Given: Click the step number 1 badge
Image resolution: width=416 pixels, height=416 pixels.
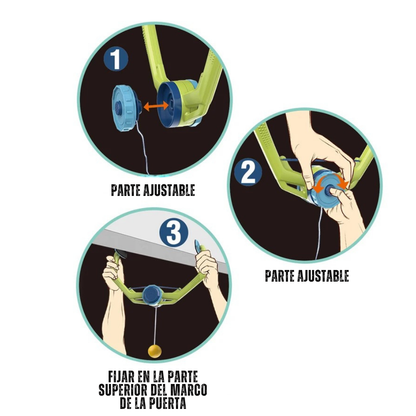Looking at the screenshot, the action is (x=115, y=59).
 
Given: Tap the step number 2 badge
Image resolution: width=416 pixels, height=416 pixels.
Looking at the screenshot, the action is (x=248, y=172).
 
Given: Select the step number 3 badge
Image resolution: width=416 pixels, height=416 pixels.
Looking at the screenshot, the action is (x=174, y=232).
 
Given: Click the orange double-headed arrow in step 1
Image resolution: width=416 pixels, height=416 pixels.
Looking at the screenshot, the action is (x=156, y=106).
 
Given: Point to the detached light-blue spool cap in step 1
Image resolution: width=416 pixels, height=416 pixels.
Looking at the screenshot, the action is (x=125, y=107).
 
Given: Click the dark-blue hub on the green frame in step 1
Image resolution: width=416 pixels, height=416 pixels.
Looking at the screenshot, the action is (x=169, y=104).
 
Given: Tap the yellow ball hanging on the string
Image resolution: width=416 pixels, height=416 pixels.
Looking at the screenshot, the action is (x=154, y=351).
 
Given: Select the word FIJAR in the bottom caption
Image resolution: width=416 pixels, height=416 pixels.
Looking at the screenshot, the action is (x=121, y=377).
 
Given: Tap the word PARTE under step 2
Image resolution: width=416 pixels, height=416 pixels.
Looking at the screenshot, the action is (x=279, y=276).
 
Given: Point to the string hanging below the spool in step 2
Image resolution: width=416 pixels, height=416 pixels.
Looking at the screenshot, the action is (x=319, y=233).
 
